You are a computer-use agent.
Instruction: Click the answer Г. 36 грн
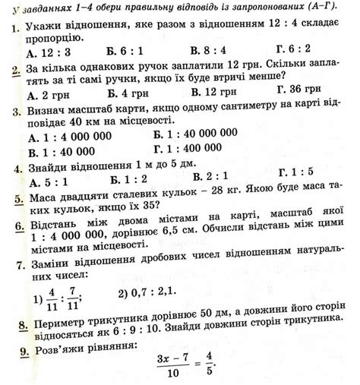point(296,92)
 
